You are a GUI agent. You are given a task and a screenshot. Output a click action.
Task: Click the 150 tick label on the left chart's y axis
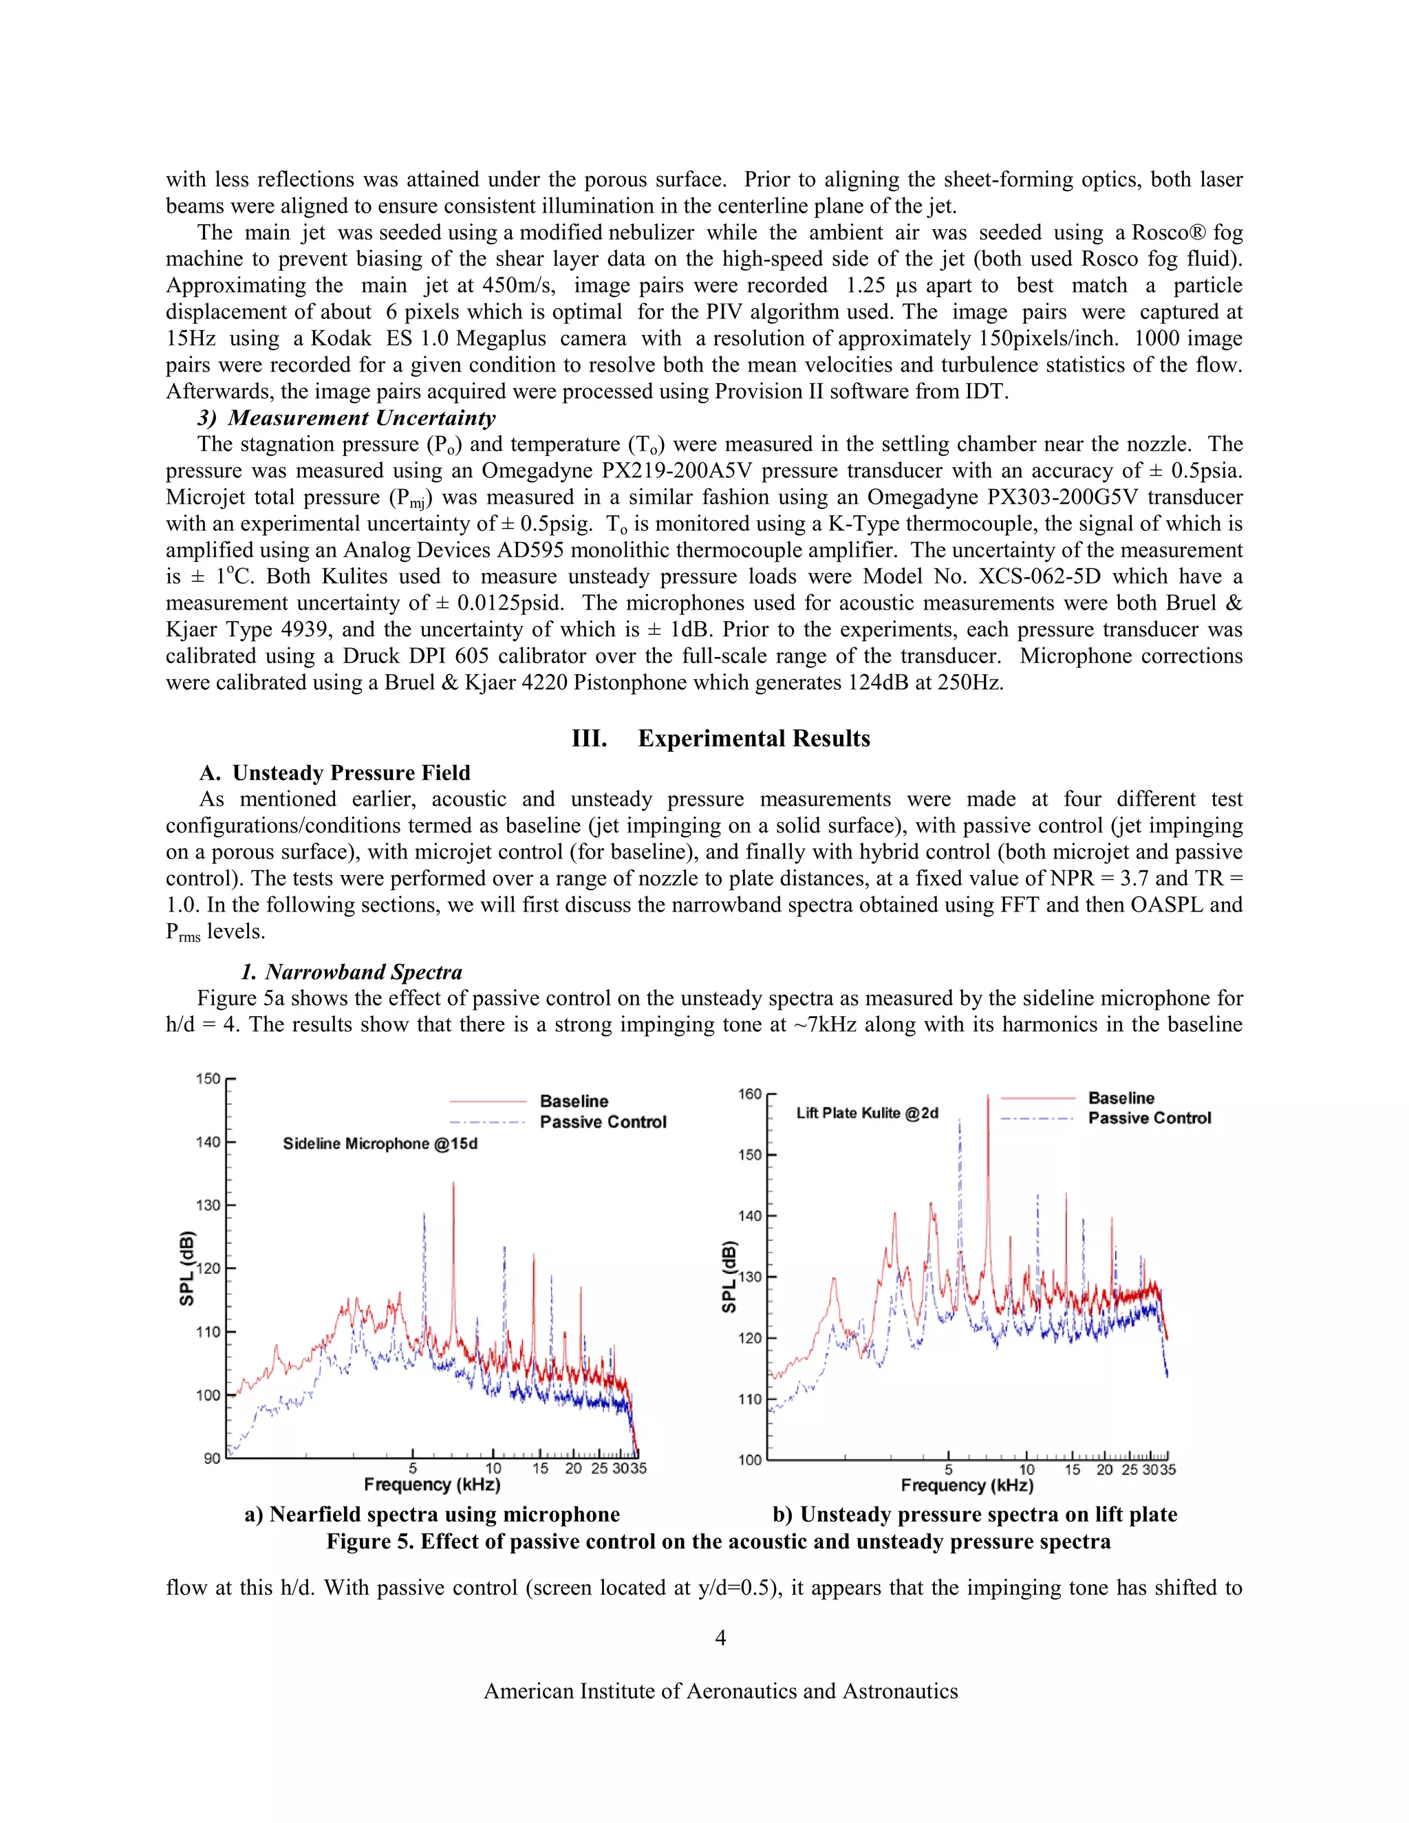click(208, 1079)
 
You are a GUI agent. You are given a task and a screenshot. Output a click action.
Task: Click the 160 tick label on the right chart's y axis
click(750, 1094)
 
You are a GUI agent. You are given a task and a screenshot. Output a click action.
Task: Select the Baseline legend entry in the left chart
click(574, 1101)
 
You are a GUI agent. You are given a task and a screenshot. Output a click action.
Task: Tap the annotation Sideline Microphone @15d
click(380, 1143)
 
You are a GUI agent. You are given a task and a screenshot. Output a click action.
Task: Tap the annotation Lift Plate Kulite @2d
click(868, 1112)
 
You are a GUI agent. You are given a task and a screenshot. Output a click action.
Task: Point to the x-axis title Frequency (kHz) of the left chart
click(431, 1484)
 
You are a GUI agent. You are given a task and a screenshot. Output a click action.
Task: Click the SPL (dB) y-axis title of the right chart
click(729, 1276)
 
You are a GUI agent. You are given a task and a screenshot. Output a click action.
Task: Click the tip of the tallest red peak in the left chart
click(454, 1183)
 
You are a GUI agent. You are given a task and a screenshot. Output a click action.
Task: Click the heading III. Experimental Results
click(720, 738)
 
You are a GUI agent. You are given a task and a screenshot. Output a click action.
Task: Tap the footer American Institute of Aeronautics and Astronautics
click(720, 1690)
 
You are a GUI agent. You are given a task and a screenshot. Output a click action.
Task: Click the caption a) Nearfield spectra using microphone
click(431, 1514)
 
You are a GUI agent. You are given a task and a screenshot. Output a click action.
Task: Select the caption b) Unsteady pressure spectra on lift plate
click(974, 1514)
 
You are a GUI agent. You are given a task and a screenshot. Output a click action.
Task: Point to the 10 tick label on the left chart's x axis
click(493, 1468)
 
